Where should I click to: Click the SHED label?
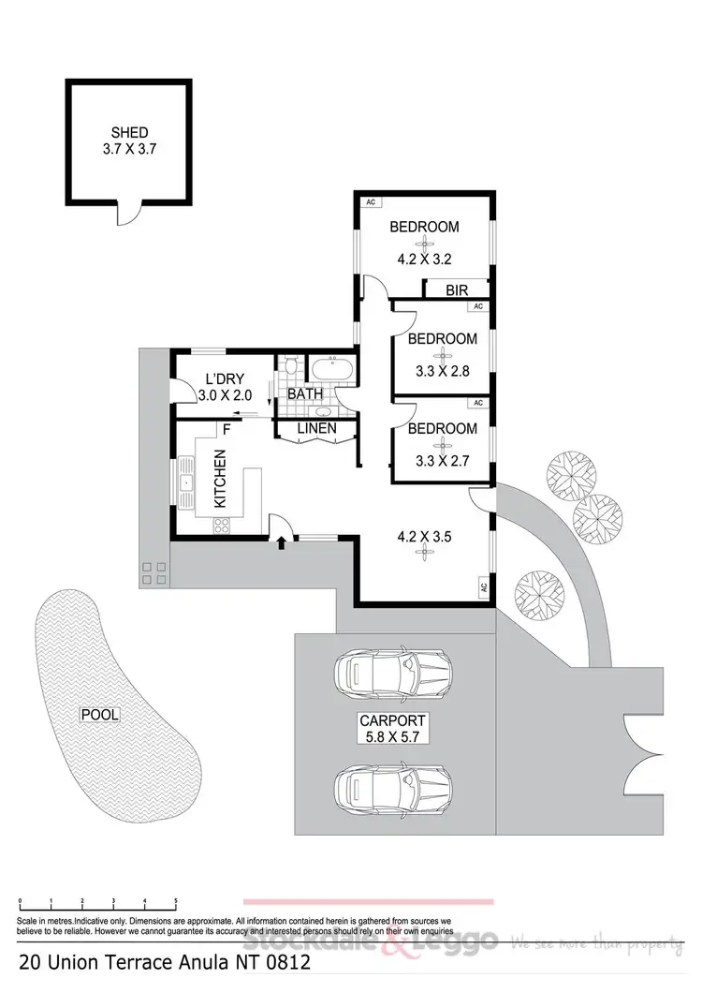pyautogui.click(x=128, y=131)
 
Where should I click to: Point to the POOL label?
pyautogui.click(x=100, y=714)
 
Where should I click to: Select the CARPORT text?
pyautogui.click(x=392, y=720)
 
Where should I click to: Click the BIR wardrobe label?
pyautogui.click(x=456, y=290)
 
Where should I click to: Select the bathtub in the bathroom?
pyautogui.click(x=330, y=369)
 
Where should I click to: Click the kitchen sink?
pyautogui.click(x=185, y=483)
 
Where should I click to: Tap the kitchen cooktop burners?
pyautogui.click(x=224, y=526)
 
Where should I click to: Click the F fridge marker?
pyautogui.click(x=226, y=430)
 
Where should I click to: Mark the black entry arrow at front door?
pyautogui.click(x=281, y=541)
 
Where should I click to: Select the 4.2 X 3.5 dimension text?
pyautogui.click(x=425, y=537)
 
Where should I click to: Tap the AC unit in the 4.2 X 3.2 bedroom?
pyautogui.click(x=371, y=201)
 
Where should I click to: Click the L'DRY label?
pyautogui.click(x=225, y=379)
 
